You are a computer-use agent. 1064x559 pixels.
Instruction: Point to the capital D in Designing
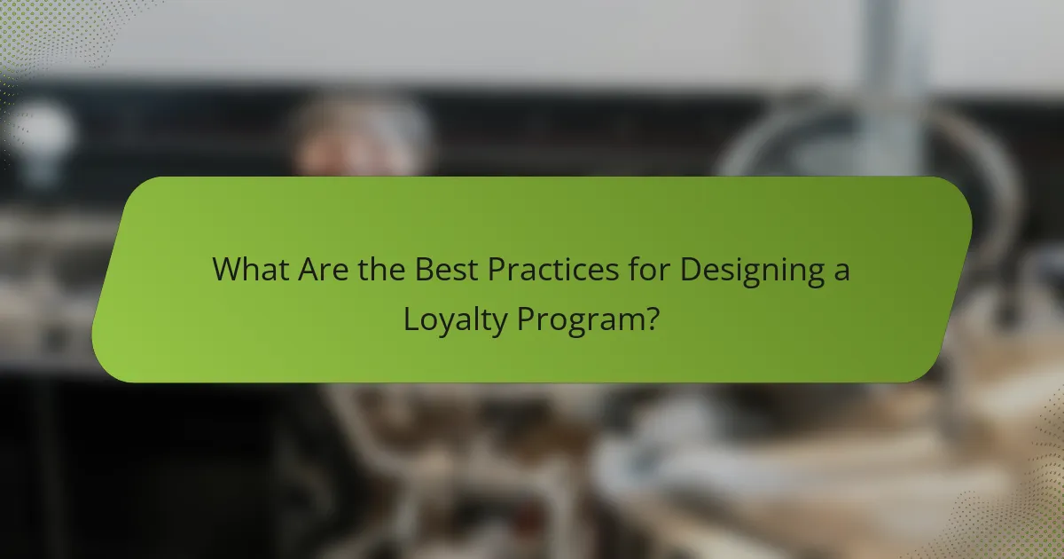tap(689, 269)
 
